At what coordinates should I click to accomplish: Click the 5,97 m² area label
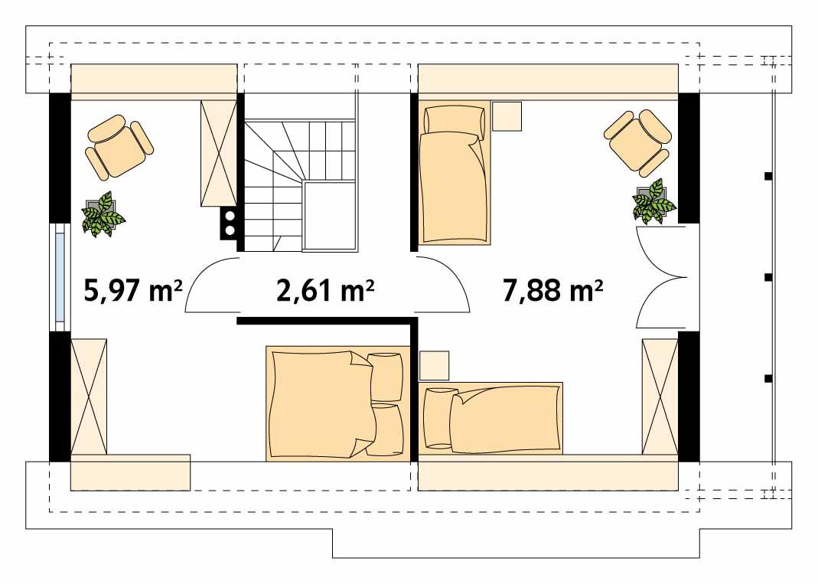pos(131,291)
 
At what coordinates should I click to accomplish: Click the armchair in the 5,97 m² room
pos(119,145)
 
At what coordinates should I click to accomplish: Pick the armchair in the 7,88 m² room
pos(637,142)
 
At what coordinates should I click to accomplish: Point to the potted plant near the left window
pos(103,214)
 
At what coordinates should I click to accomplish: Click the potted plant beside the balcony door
pos(653,202)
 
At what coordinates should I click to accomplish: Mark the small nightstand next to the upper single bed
pos(507,116)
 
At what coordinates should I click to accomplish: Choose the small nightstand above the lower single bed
pos(434,366)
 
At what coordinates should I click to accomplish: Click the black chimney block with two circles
pos(228,223)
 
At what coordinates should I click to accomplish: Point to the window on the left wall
pos(60,277)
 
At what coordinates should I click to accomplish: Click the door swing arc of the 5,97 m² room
pos(210,286)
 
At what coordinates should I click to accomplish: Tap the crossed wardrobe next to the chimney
pos(218,152)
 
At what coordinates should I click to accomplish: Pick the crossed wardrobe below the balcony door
pos(660,396)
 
